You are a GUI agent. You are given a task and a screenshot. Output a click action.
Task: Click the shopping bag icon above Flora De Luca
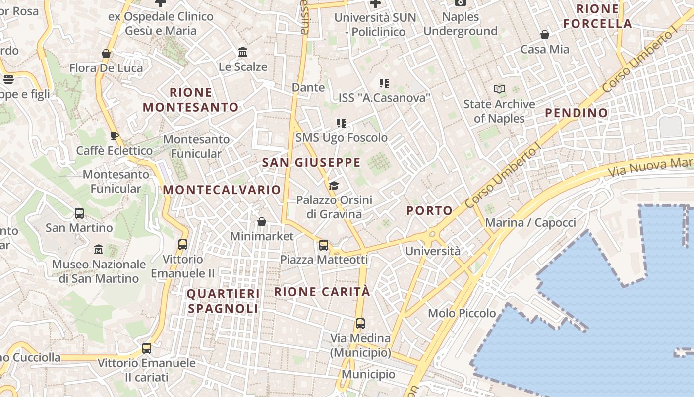point(106,54)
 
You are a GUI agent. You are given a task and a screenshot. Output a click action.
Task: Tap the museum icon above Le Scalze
point(243,52)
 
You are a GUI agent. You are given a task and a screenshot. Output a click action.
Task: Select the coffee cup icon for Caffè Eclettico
point(115,136)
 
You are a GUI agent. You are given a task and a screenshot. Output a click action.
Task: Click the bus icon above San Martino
point(79,213)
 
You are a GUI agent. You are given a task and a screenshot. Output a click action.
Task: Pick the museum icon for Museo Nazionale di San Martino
point(99,249)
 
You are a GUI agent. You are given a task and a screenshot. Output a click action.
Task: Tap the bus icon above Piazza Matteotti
point(324,245)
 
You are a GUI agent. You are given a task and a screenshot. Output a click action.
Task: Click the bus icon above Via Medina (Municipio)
point(360,324)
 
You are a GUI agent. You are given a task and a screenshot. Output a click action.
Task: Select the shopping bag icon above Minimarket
point(262,222)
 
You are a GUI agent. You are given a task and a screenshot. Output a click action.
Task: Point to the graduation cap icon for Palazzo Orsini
point(334,186)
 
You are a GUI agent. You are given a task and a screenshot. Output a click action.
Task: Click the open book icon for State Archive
point(499,89)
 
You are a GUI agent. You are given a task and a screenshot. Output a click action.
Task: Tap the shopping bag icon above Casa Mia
point(545,35)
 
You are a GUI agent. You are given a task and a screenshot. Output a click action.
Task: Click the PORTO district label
point(430,210)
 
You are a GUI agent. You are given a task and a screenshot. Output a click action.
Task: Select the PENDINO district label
point(577,113)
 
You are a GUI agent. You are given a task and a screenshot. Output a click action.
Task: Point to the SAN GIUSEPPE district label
point(311,162)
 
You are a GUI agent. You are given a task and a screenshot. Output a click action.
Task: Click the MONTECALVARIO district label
point(222,190)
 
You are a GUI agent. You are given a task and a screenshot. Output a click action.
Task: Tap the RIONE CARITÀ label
point(322,292)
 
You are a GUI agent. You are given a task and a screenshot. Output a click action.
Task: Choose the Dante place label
point(308,87)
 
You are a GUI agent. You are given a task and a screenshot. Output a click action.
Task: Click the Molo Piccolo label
point(462,313)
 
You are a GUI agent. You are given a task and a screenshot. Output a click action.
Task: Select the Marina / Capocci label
point(530,222)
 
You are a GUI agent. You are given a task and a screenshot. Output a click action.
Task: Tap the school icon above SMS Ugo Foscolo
point(342,123)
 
